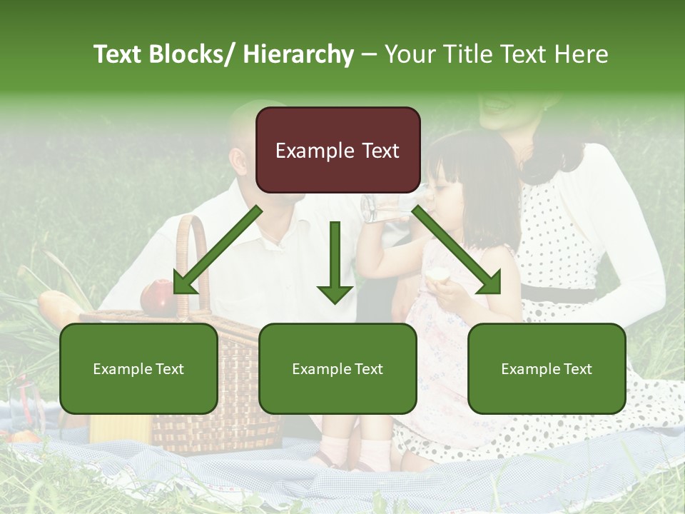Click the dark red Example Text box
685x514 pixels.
tap(338, 150)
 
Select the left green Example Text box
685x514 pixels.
tap(138, 368)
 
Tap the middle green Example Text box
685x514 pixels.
tap(338, 368)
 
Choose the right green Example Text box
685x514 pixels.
tap(547, 368)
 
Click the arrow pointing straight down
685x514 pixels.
tap(335, 264)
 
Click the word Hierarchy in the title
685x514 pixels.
tap(298, 54)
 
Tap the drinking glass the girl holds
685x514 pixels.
tap(385, 206)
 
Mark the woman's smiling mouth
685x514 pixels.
tap(499, 106)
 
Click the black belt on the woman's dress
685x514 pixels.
tap(564, 293)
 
